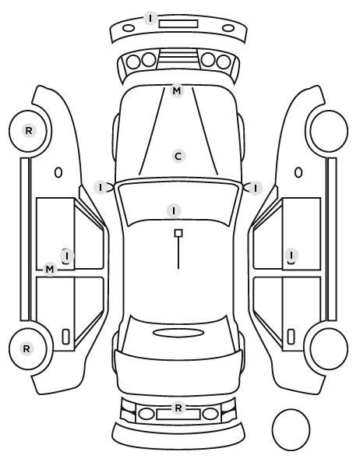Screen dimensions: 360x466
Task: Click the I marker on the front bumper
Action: pos(150,19)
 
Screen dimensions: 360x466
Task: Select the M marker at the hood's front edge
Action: pos(177,90)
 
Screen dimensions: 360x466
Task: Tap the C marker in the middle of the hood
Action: pos(178,157)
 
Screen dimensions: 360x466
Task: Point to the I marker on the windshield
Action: pos(174,210)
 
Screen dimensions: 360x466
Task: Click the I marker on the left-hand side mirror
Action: pos(101,188)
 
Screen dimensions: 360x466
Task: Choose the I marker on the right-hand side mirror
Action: pos(256,188)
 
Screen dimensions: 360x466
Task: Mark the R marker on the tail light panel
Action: pos(178,408)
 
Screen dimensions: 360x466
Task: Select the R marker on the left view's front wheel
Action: pos(29,130)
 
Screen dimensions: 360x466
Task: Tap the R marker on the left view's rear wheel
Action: pos(26,348)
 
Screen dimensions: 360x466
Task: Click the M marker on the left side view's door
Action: pos(50,270)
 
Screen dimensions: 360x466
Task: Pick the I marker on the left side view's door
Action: pos(67,256)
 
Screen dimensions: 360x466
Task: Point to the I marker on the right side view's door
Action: pos(291,255)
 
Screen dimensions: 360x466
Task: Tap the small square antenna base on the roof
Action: pos(178,233)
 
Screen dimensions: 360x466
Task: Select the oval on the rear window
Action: pos(178,333)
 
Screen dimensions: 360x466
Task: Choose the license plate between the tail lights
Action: pos(178,415)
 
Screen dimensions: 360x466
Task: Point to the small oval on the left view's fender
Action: pos(58,172)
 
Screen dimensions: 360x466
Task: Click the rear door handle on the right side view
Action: pos(291,337)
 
